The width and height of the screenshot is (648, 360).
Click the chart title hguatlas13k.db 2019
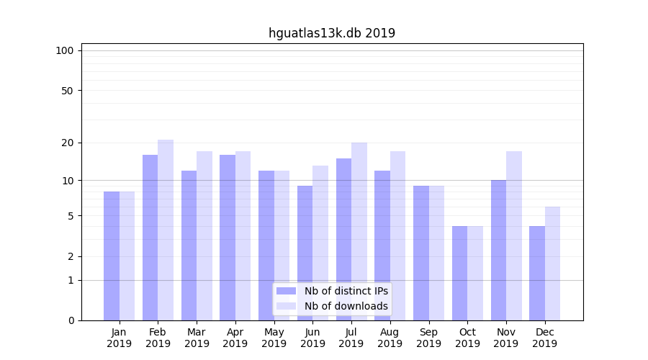[332, 33]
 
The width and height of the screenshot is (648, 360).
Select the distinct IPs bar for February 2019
[150, 238]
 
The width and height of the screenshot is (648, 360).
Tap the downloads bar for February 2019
[166, 230]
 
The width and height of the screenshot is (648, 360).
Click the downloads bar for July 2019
[359, 231]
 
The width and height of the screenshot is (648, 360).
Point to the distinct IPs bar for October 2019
[459, 274]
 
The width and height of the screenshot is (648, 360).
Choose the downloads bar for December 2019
[553, 264]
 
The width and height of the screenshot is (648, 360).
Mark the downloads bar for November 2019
[514, 235]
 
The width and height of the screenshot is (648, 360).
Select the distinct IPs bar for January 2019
[112, 256]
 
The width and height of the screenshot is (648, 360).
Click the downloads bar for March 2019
[204, 235]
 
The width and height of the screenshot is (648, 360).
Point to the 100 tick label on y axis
[65, 50]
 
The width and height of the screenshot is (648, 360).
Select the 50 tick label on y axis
[67, 91]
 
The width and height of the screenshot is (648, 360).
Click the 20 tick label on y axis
[67, 143]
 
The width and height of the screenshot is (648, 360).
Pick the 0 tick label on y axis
[71, 320]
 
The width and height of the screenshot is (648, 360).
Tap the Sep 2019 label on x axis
[428, 338]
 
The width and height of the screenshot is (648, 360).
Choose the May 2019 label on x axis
[274, 338]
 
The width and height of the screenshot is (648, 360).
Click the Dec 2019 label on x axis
[545, 338]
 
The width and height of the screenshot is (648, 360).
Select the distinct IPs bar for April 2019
[228, 238]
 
